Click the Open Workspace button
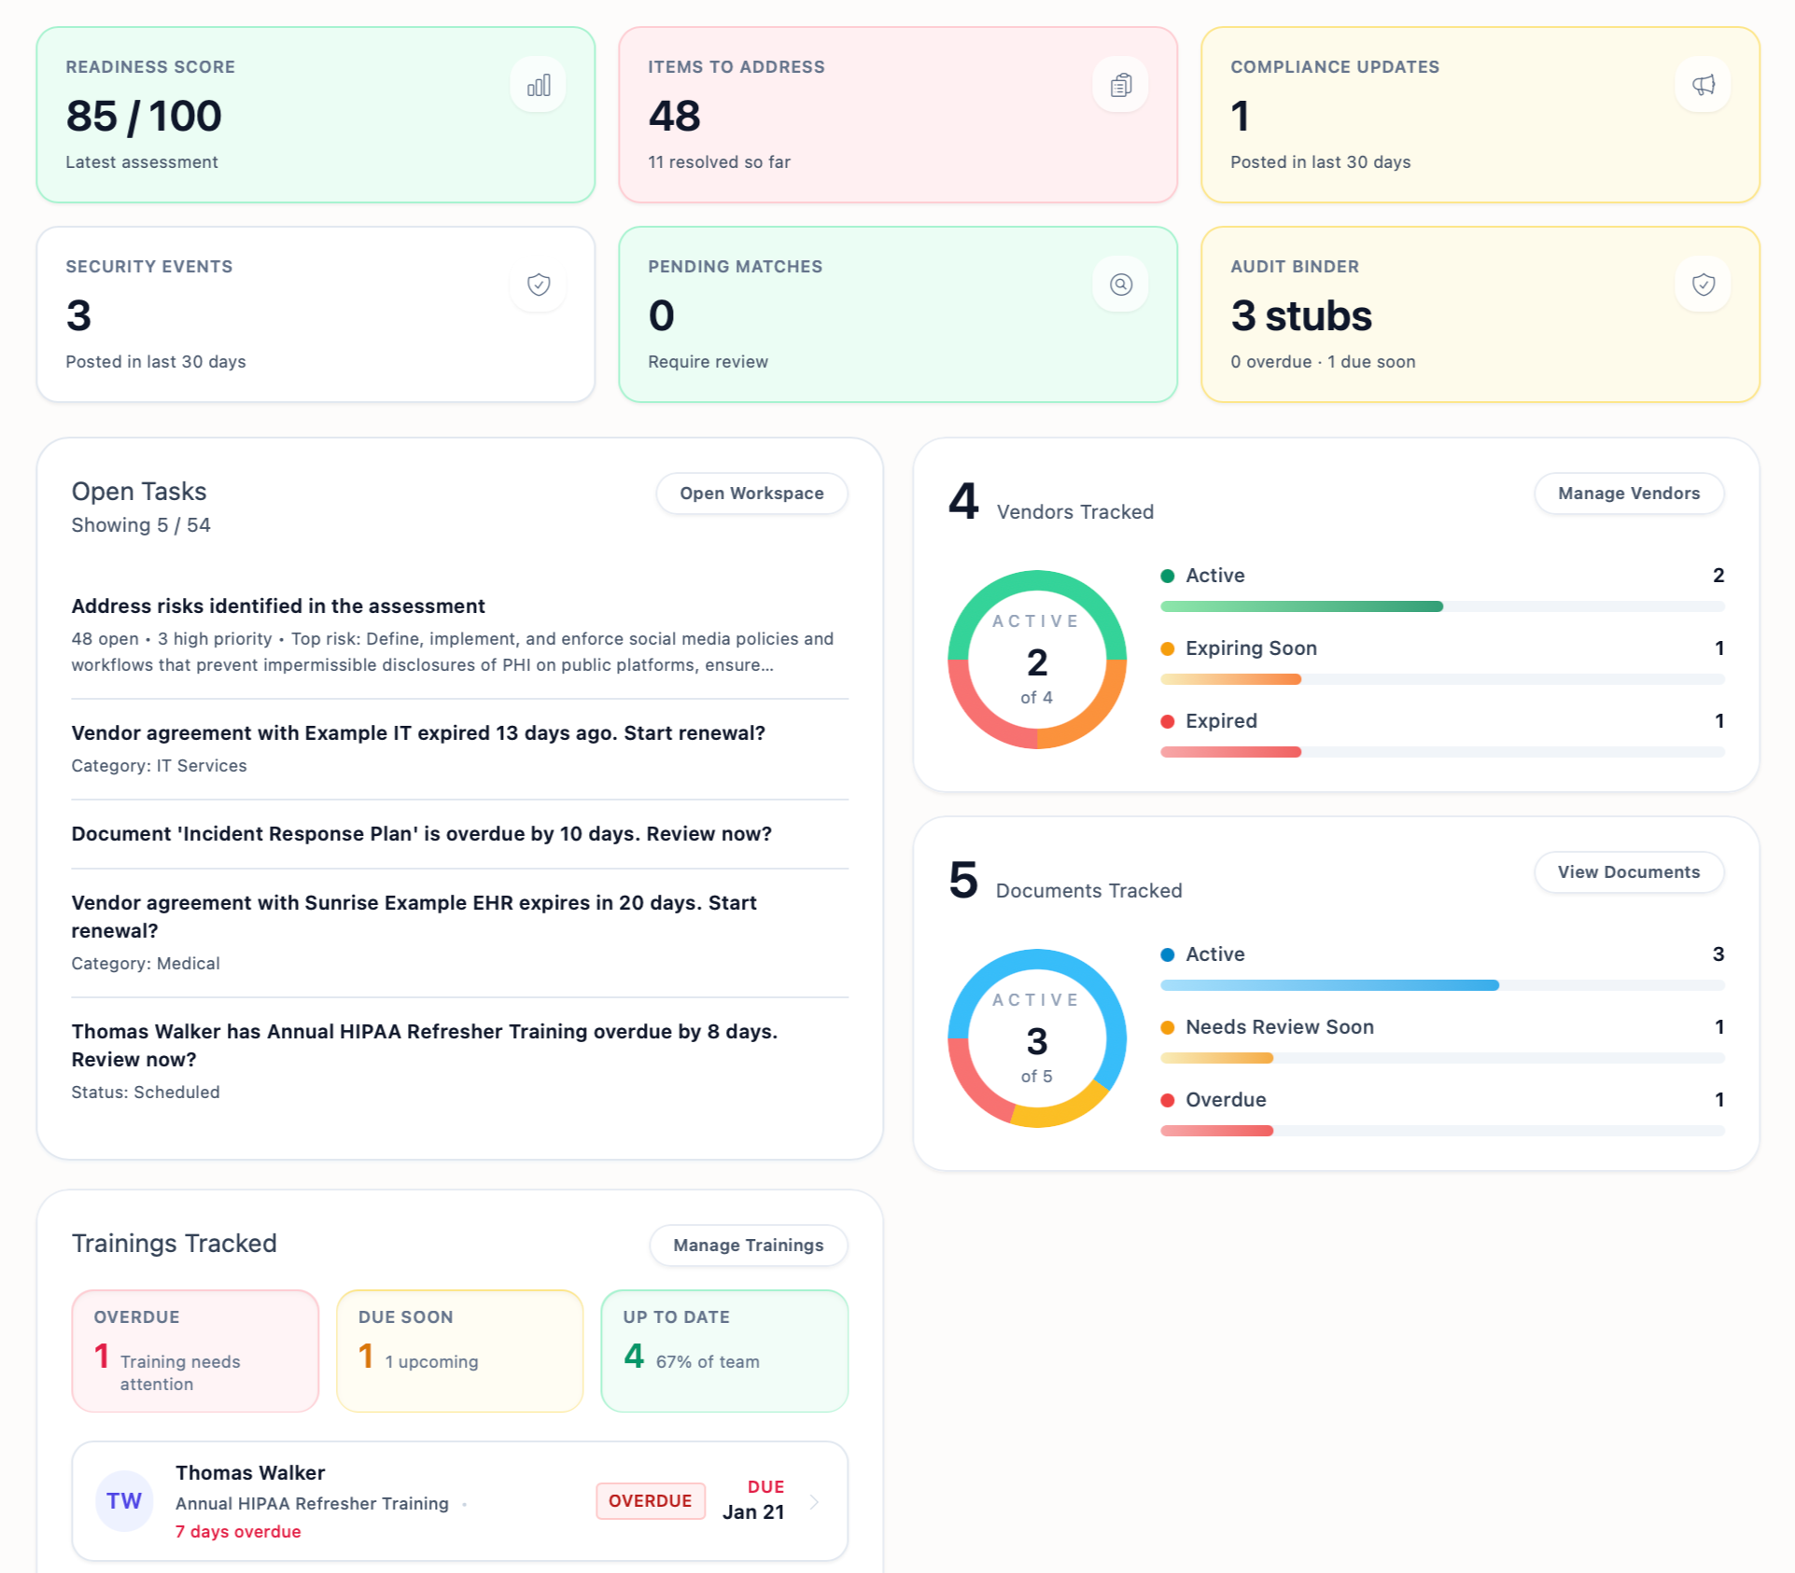751,494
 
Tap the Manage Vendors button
1628,494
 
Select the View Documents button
1628,872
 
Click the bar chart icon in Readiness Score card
539,86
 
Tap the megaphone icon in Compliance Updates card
1703,86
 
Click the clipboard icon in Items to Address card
1120,86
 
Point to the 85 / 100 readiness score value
144,117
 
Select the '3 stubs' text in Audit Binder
1300,316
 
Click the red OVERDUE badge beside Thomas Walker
650,1501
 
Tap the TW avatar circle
124,1501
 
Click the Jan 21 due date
752,1512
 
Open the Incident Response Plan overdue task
421,834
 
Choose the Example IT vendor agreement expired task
417,733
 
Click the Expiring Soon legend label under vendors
1251,648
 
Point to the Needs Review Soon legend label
1279,1027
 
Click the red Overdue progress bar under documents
1216,1131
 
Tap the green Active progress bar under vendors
1301,606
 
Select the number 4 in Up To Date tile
634,1356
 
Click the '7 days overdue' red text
238,1532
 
